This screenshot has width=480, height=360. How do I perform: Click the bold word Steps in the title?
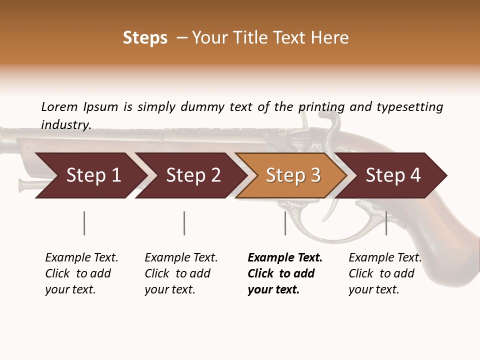pos(145,38)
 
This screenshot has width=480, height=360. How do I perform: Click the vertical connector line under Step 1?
pos(84,223)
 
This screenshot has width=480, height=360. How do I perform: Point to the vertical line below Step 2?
pos(184,223)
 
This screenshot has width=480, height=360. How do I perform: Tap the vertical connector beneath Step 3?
pos(285,223)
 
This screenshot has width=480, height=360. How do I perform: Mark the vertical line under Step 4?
pos(386,223)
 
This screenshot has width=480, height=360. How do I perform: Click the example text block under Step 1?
pos(81,273)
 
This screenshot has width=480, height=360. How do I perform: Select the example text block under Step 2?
pos(181,273)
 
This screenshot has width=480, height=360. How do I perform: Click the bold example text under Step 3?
pos(285,273)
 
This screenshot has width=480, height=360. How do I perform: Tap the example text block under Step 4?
pos(385,273)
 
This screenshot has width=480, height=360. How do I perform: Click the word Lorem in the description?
pos(59,107)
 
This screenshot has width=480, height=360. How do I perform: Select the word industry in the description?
pos(65,124)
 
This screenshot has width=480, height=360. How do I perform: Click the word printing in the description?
pos(321,107)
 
